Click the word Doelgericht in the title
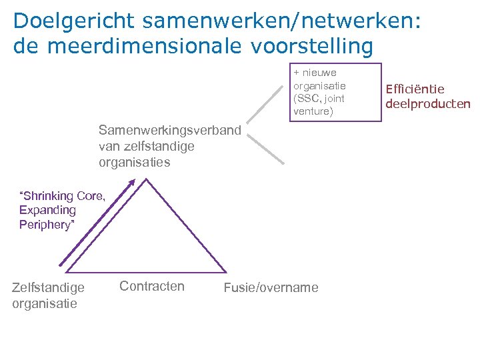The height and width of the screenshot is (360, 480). point(67,21)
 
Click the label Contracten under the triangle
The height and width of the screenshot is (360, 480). point(152,286)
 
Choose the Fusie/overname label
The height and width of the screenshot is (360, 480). point(271,288)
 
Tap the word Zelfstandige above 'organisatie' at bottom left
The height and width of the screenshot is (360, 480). point(48,288)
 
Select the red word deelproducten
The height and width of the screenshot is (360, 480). point(428,103)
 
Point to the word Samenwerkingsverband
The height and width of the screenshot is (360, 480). point(169,129)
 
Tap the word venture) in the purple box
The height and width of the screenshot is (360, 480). point(313,111)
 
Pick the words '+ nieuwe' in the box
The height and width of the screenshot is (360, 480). point(315,73)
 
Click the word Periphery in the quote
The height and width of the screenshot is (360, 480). point(45,225)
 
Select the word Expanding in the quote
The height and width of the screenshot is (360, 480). point(48,210)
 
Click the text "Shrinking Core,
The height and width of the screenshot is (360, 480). point(63,195)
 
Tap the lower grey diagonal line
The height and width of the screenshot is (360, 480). point(266,149)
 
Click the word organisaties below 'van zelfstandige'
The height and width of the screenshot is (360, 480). point(135,162)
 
